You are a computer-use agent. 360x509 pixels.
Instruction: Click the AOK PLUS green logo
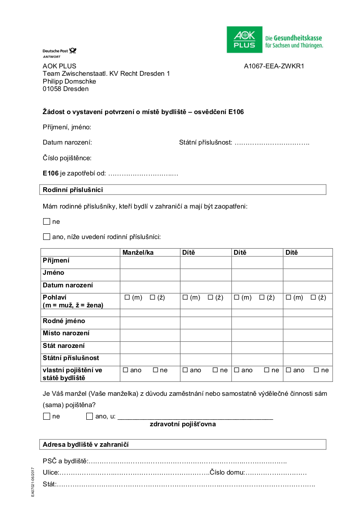click(x=245, y=40)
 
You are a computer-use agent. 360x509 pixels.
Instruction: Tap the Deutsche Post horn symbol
click(x=72, y=51)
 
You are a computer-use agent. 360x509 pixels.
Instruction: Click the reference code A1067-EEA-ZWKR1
click(x=274, y=66)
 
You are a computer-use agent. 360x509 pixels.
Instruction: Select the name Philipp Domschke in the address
click(x=69, y=81)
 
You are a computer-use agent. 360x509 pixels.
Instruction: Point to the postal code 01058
click(x=52, y=89)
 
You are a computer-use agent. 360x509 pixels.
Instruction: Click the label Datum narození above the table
click(x=67, y=142)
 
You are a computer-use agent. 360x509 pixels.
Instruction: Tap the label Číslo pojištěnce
click(x=67, y=158)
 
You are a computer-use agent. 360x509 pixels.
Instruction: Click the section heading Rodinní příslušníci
click(x=73, y=190)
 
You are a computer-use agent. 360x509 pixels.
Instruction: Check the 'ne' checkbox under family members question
click(x=47, y=222)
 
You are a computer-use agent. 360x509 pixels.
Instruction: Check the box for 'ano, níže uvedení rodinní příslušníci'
click(x=47, y=237)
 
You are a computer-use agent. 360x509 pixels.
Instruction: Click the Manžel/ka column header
click(x=138, y=253)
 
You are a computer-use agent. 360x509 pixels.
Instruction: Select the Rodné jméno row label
click(x=64, y=321)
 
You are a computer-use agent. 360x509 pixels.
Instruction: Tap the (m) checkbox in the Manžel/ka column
click(x=127, y=297)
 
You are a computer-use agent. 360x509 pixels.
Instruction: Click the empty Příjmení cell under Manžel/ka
click(x=150, y=262)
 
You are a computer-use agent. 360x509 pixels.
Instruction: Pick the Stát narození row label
click(x=64, y=346)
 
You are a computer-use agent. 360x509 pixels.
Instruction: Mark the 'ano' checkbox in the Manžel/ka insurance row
click(x=126, y=370)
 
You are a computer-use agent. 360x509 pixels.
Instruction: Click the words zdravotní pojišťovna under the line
click(x=183, y=424)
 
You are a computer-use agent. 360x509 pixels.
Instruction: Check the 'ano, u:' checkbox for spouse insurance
click(x=90, y=416)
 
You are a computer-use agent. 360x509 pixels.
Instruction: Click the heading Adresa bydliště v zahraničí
click(x=85, y=445)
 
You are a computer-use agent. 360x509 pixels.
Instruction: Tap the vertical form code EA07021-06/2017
click(x=33, y=482)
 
